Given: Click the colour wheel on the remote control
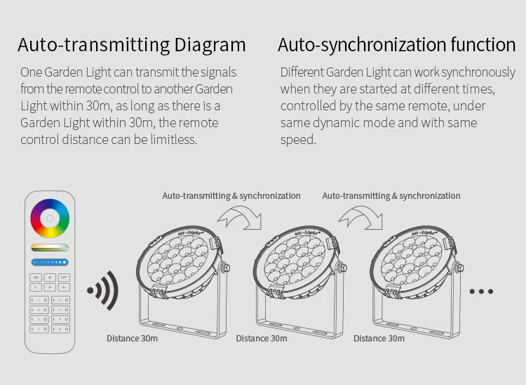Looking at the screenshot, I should coord(50,218).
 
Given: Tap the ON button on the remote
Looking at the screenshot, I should coord(35,278).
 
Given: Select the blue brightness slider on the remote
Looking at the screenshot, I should coord(50,262).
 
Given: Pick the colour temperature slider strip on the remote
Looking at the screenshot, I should coord(50,247).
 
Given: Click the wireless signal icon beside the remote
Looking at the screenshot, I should coord(102,289).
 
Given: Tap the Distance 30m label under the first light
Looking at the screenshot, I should coord(132,339).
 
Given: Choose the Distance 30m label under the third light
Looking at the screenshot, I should coord(379,339).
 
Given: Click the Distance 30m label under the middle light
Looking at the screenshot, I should coord(262,339).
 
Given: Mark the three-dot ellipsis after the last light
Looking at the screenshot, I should coord(481,291).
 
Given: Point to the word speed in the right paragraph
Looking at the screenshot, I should coord(298,139).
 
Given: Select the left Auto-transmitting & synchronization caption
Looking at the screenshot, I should coord(231,196).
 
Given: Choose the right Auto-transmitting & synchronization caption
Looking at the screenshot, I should coord(391,196).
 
